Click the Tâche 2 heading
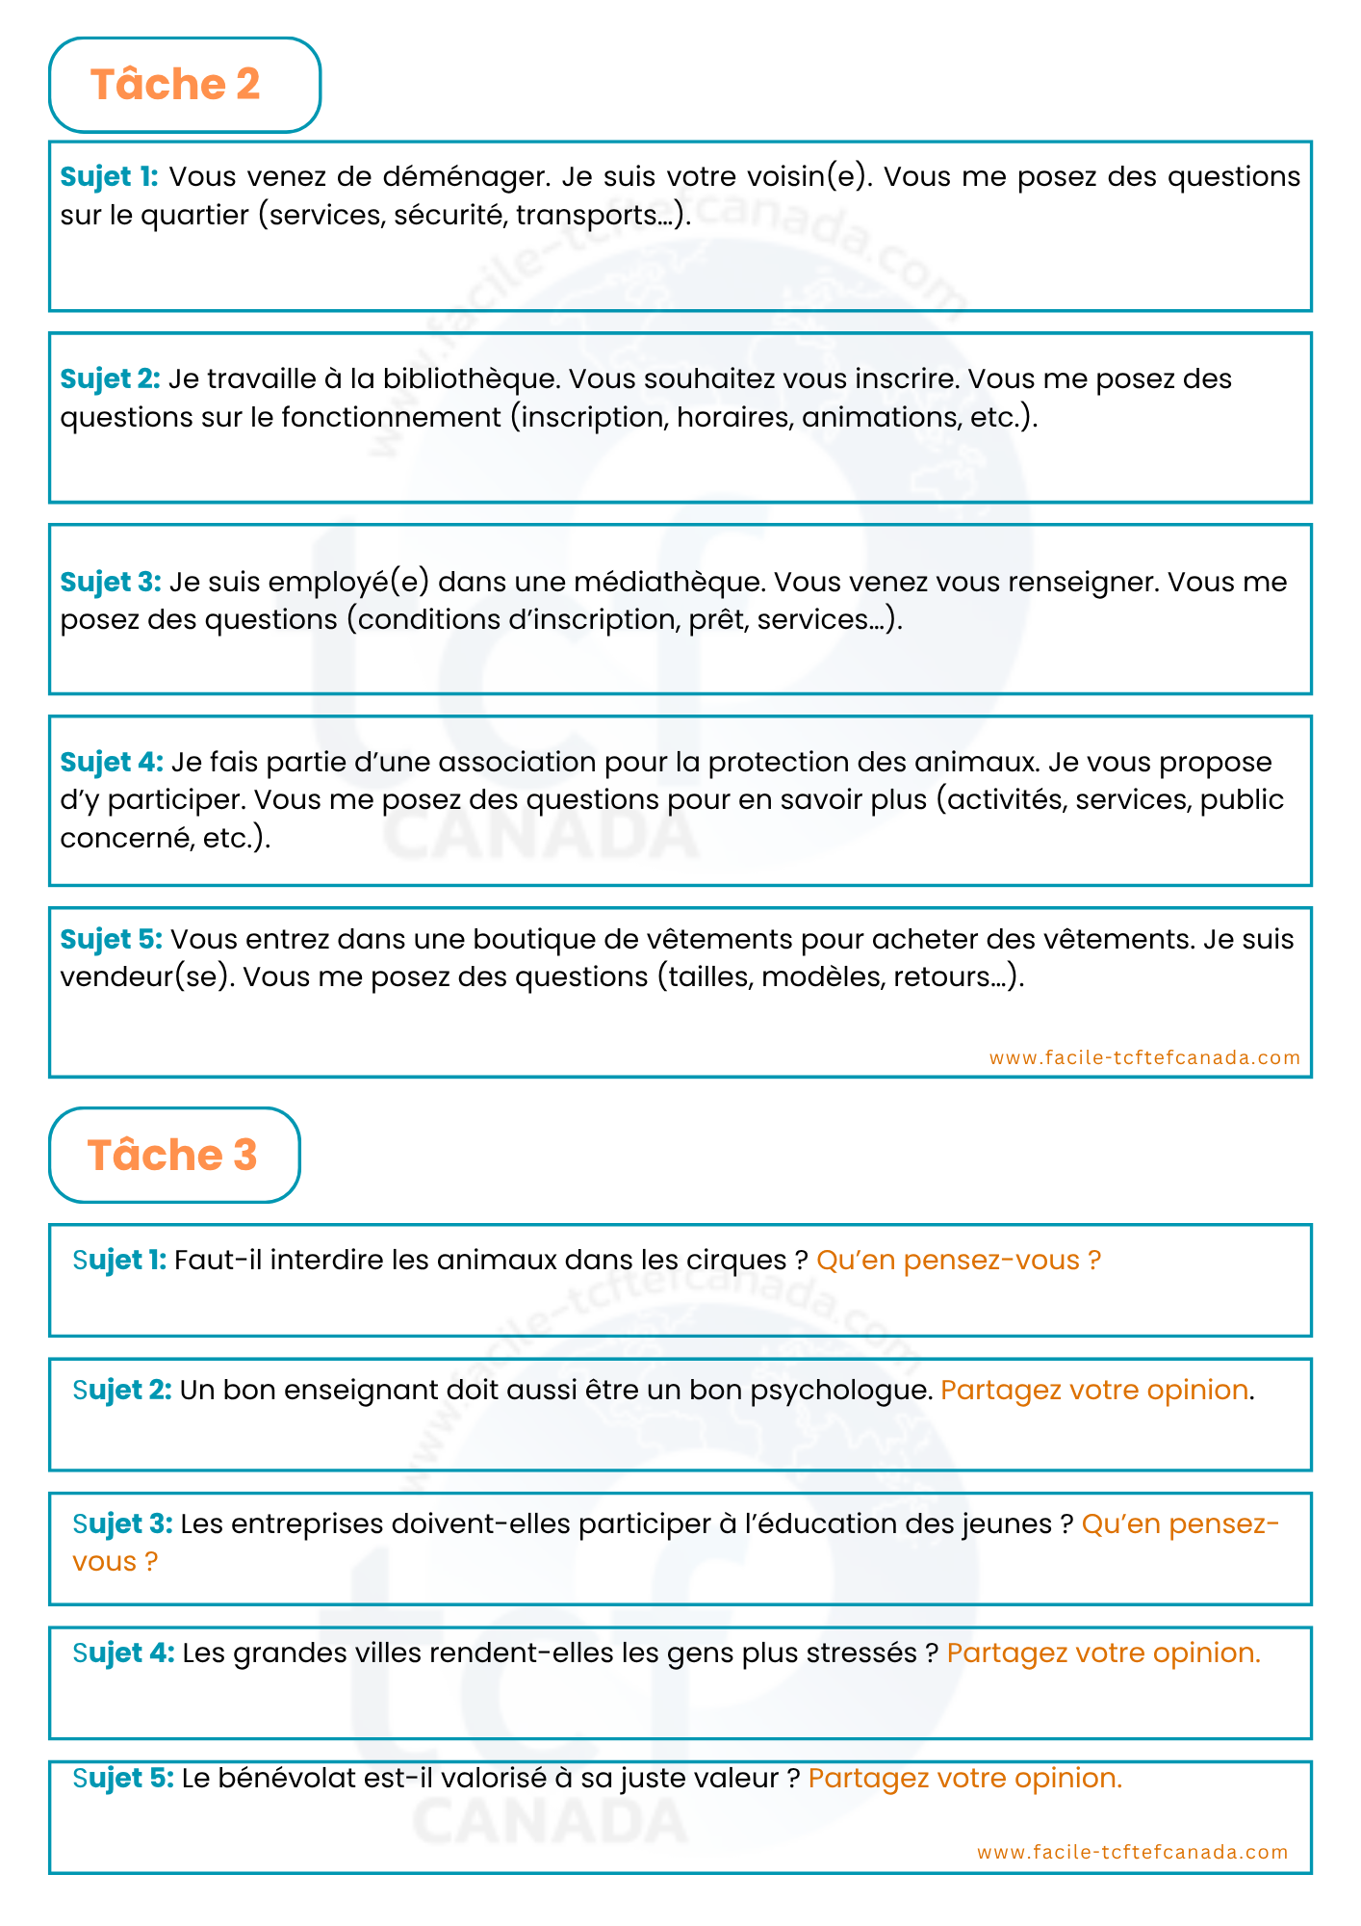tap(175, 85)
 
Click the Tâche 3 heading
tap(172, 1155)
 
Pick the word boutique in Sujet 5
tap(534, 939)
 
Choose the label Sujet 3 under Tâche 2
tap(110, 582)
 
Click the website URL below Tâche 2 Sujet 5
tap(1144, 1057)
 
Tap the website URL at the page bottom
tap(1132, 1852)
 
